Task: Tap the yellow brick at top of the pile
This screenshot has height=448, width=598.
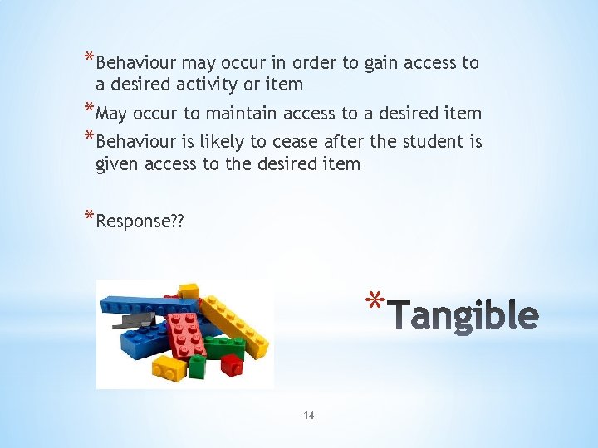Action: point(189,290)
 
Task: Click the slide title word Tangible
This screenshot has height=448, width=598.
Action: point(463,316)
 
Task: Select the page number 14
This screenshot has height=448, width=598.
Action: point(309,415)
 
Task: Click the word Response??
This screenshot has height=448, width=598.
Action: point(140,222)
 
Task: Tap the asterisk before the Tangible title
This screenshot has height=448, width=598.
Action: point(374,300)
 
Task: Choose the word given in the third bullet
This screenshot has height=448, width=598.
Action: point(118,163)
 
